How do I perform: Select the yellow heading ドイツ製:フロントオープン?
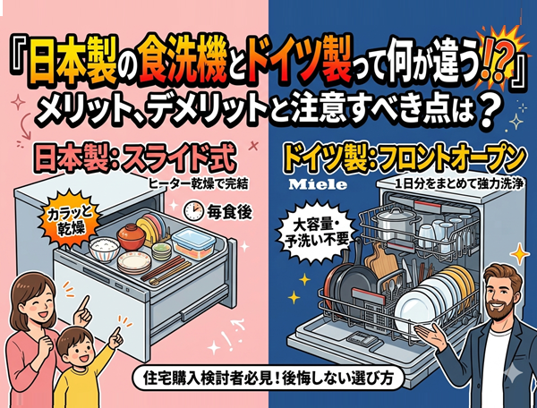click(404, 157)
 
